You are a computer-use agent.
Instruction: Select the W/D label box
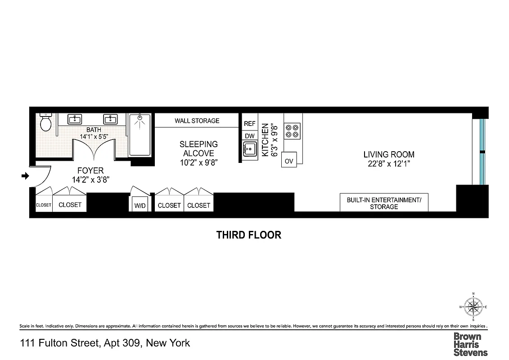(x=140, y=205)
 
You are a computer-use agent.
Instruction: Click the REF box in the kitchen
(x=249, y=123)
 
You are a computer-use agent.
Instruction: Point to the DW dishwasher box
(x=249, y=135)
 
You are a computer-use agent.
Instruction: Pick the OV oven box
(x=288, y=160)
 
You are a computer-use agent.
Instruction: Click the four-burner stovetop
(x=293, y=130)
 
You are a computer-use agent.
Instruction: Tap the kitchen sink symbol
(x=249, y=148)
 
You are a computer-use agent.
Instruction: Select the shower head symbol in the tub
(x=140, y=119)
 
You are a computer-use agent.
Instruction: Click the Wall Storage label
(x=197, y=121)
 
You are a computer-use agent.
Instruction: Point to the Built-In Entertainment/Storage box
(x=383, y=202)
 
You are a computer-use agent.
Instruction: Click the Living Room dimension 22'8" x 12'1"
(x=389, y=164)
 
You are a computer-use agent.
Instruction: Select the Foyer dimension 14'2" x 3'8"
(x=90, y=179)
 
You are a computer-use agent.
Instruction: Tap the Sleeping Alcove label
(x=198, y=148)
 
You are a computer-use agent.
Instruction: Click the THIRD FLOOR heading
(x=248, y=235)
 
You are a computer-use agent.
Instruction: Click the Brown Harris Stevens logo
(x=470, y=344)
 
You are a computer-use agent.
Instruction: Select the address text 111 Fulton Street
(x=105, y=343)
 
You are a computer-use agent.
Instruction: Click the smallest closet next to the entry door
(x=44, y=205)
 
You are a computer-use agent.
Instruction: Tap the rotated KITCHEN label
(x=265, y=140)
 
